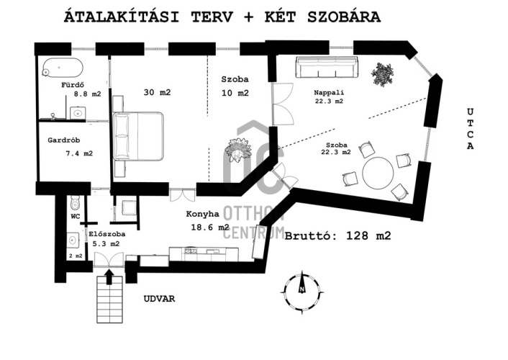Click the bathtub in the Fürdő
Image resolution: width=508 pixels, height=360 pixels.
62,68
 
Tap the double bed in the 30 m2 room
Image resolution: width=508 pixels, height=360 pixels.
138,136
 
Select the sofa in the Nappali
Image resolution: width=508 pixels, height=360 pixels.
327,67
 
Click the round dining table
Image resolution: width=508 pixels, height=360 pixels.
378,173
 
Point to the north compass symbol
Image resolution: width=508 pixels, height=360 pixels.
302,290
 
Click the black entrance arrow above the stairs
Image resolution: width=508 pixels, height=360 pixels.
109,277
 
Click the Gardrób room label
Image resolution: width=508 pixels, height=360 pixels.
64,140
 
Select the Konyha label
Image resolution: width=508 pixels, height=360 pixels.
202,214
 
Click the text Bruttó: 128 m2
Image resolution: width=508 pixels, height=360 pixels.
338,235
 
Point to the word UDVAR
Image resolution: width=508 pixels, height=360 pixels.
160,299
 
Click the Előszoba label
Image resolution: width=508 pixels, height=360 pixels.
107,234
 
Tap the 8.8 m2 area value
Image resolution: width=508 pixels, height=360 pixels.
88,94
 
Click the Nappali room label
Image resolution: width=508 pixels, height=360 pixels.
329,93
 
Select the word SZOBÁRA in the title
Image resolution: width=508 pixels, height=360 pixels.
344,17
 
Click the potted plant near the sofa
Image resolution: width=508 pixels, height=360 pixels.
383,74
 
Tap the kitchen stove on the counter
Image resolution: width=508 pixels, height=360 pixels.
191,251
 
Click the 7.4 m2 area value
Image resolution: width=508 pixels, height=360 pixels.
79,153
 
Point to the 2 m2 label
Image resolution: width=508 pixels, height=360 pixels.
76,256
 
